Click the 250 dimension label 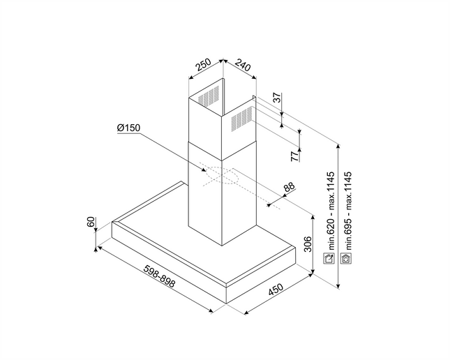pyautogui.click(x=204, y=65)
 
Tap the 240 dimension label pyautogui.click(x=243, y=65)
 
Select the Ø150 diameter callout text pyautogui.click(x=128, y=128)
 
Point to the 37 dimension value pyautogui.click(x=277, y=98)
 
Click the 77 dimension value pyautogui.click(x=294, y=157)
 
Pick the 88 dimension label pyautogui.click(x=290, y=186)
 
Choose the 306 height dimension pyautogui.click(x=308, y=244)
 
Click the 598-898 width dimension pyautogui.click(x=159, y=276)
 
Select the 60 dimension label pyautogui.click(x=91, y=222)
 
